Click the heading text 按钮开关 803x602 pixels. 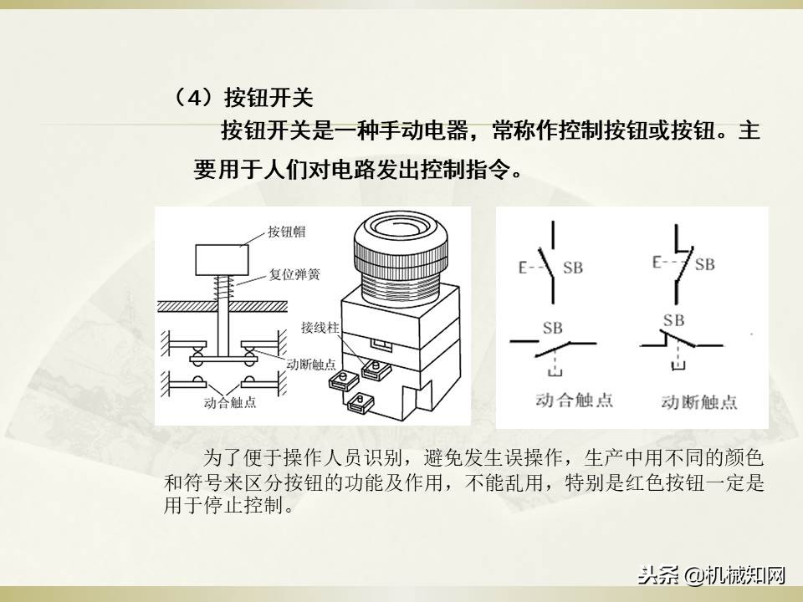pyautogui.click(x=269, y=98)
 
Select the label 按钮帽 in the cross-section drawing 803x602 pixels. pyautogui.click(x=287, y=231)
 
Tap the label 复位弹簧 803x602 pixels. pyautogui.click(x=294, y=273)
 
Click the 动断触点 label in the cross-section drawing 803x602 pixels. pyautogui.click(x=311, y=365)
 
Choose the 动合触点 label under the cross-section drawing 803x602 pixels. pyautogui.click(x=229, y=402)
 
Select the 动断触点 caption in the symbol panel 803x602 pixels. pyautogui.click(x=698, y=401)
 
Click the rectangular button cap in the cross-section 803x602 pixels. pyautogui.click(x=221, y=260)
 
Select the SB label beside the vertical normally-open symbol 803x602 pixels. pyautogui.click(x=573, y=268)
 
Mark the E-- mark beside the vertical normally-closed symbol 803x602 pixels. pyautogui.click(x=663, y=263)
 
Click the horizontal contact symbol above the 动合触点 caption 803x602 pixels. pyautogui.click(x=553, y=342)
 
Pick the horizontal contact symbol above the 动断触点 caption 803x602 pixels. pyautogui.click(x=680, y=341)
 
